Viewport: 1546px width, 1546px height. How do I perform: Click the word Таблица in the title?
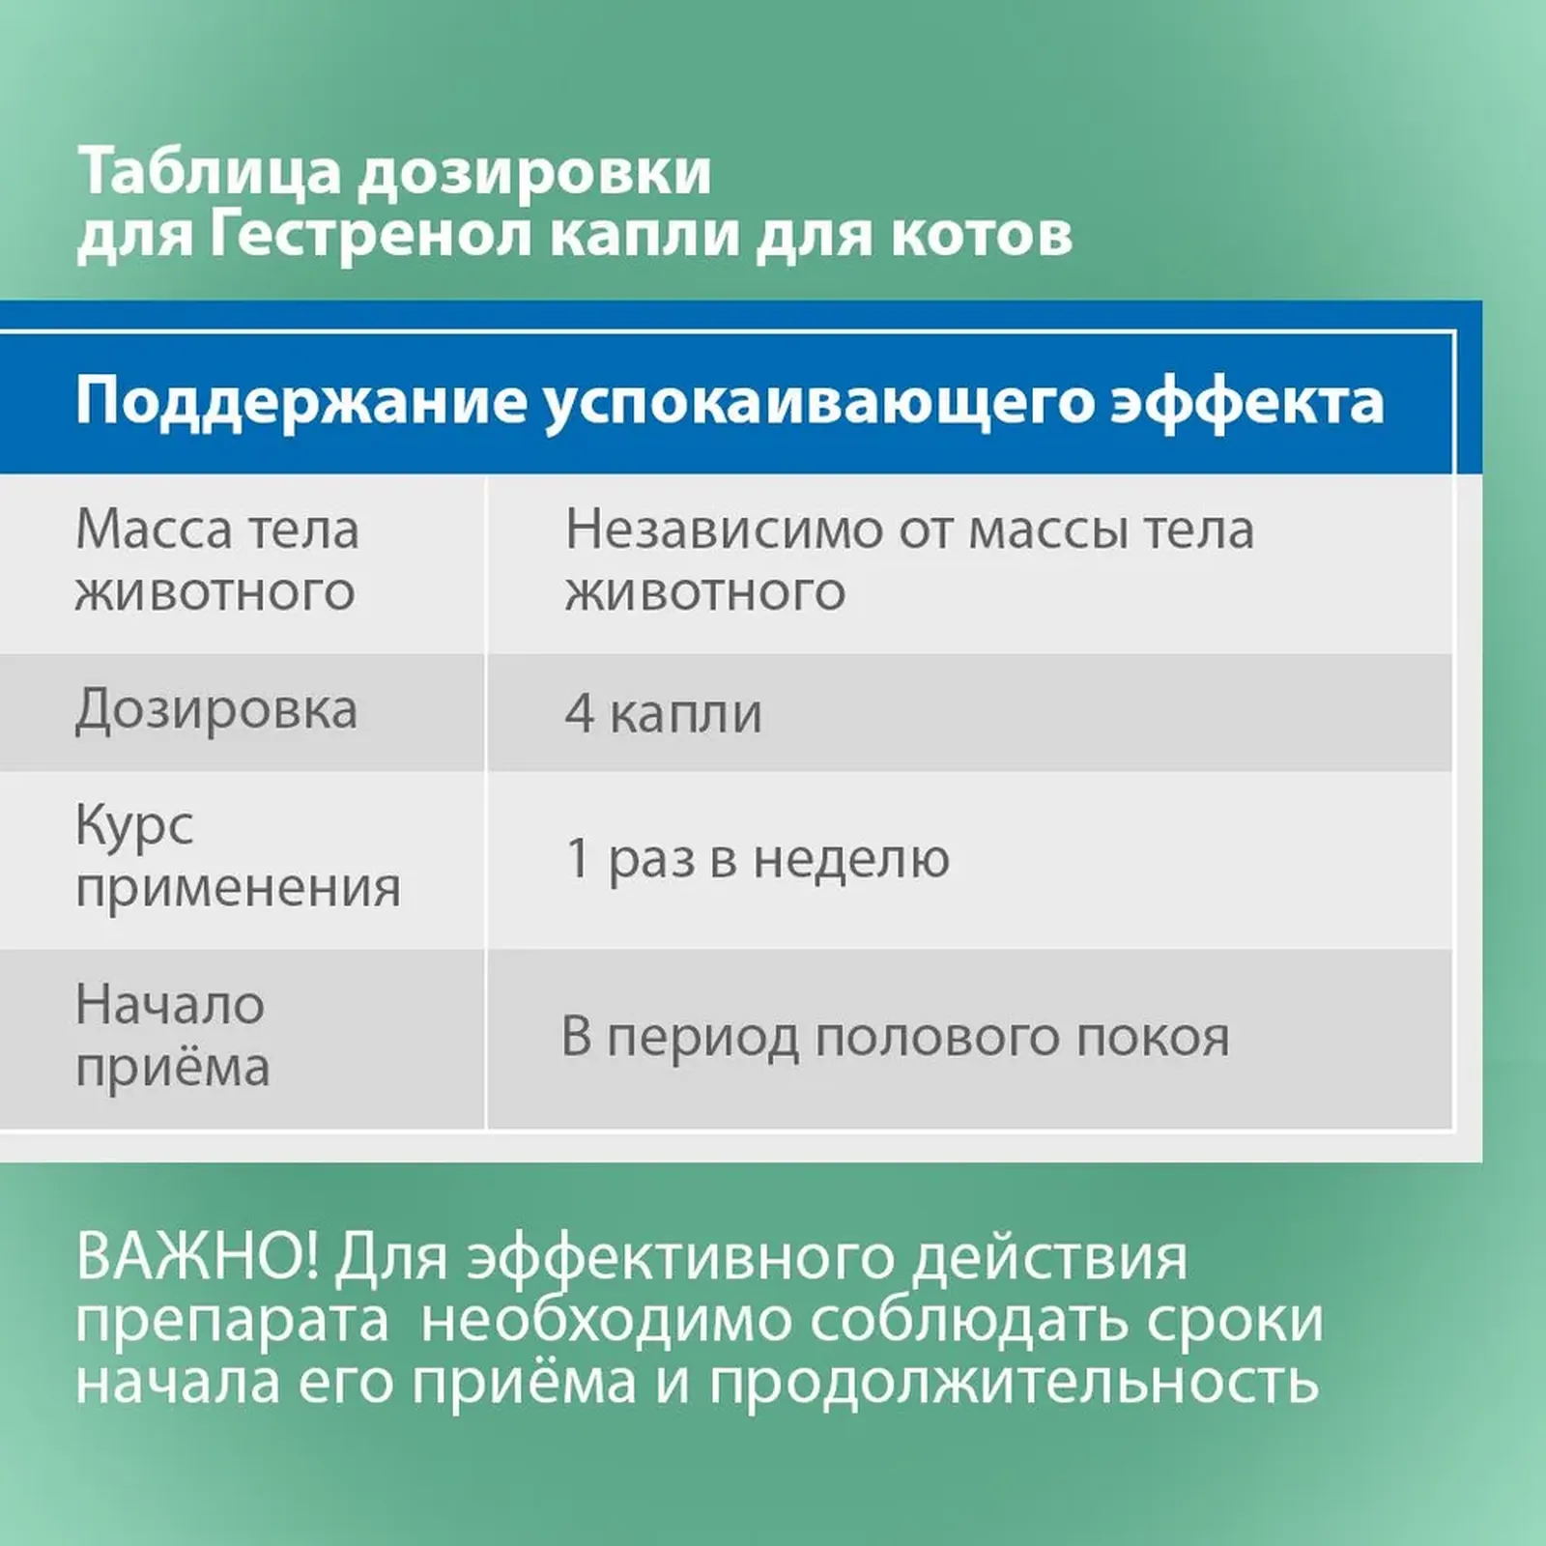click(x=210, y=173)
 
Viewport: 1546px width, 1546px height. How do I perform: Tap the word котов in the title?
click(x=981, y=236)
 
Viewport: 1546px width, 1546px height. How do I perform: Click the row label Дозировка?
click(x=216, y=711)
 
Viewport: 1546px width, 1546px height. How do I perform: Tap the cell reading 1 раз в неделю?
click(x=759, y=859)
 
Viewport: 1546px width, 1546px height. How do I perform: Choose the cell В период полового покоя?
click(x=896, y=1038)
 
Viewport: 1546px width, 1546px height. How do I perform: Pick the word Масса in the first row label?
click(x=155, y=530)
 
